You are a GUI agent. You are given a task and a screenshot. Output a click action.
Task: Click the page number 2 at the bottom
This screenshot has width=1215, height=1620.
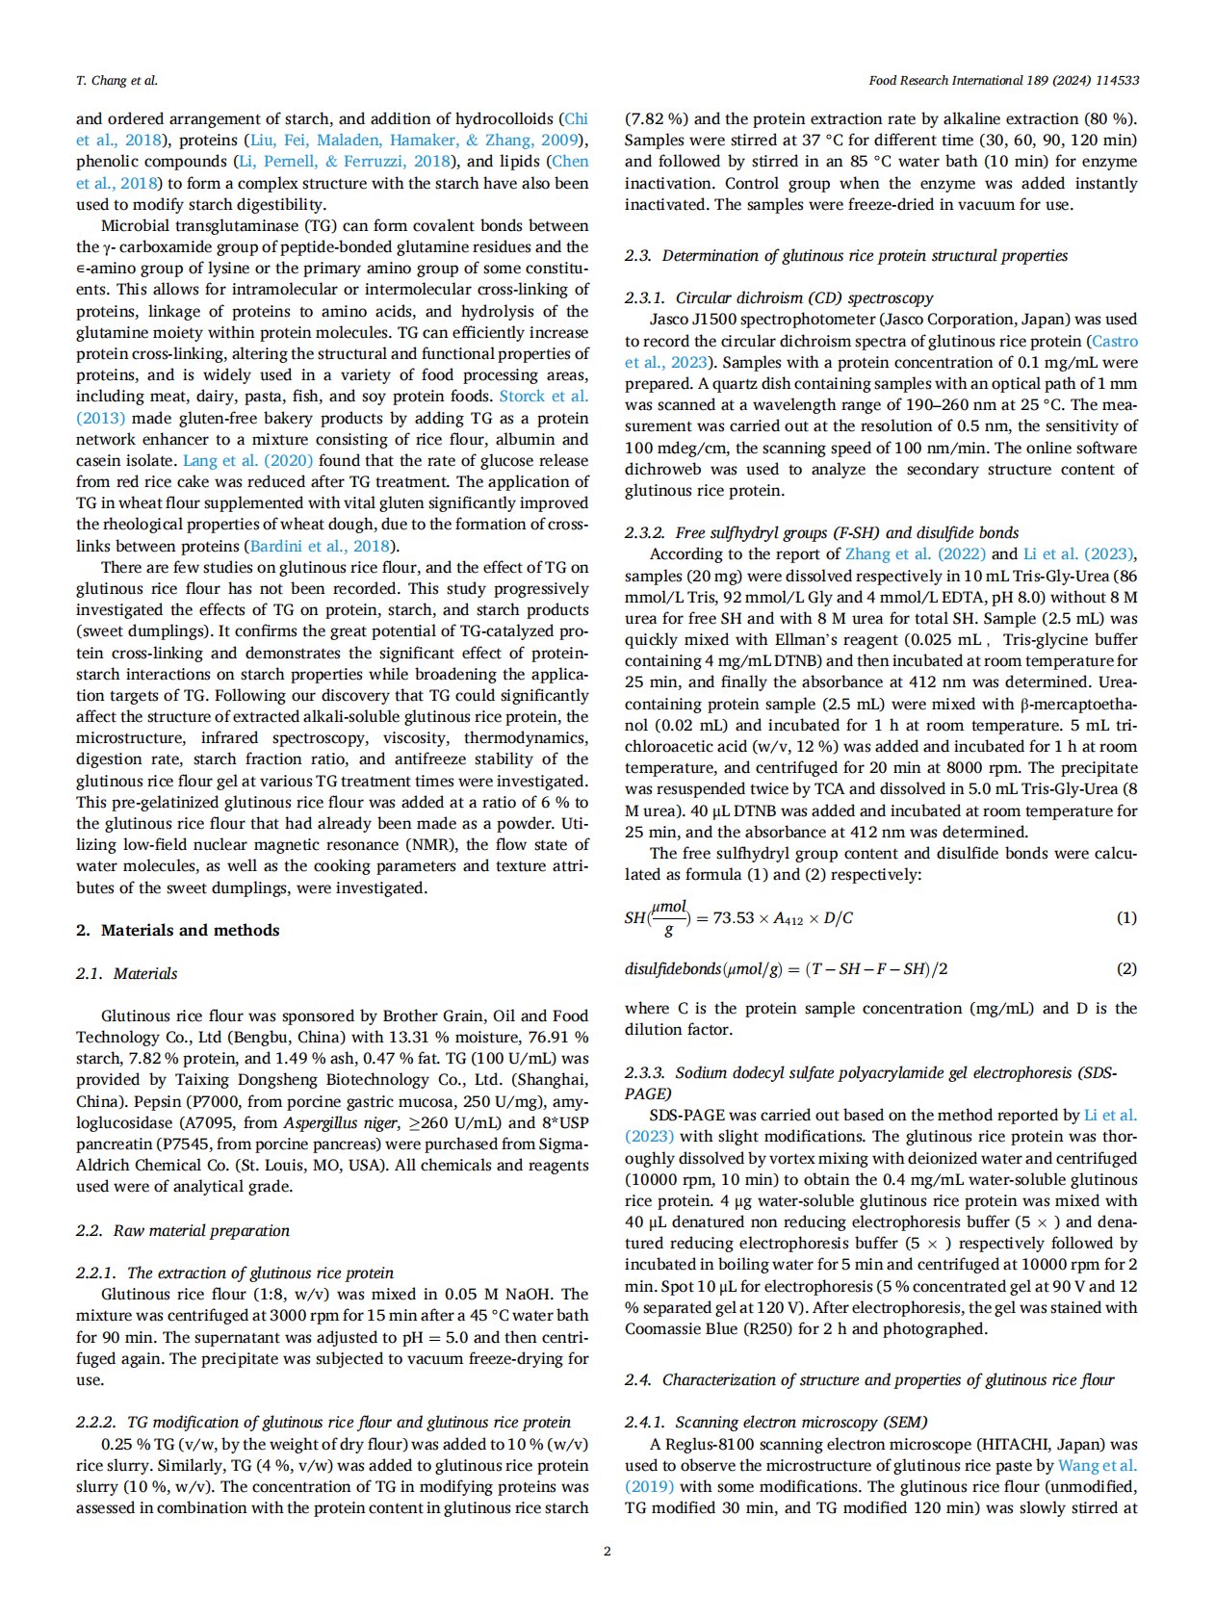pos(607,1551)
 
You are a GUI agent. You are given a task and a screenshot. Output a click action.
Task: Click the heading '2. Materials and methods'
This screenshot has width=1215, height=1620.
pos(178,930)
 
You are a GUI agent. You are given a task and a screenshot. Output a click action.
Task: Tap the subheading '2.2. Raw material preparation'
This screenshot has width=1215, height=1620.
pos(183,1230)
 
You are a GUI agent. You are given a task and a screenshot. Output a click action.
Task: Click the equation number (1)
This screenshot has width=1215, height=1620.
pos(1125,917)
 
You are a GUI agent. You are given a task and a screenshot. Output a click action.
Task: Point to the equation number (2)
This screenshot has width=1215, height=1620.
pos(1125,968)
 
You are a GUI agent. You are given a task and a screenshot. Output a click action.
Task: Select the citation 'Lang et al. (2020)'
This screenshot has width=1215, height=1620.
pos(247,460)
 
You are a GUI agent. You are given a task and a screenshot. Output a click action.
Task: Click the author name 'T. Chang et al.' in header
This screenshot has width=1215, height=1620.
pos(116,81)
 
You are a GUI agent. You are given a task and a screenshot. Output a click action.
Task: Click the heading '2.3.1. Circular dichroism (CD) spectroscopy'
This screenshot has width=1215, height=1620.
pos(778,297)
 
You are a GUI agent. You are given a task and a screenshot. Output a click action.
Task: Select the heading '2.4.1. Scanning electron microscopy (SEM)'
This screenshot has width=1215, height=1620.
pos(776,1422)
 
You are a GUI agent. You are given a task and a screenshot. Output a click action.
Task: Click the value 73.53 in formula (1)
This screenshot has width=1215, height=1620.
pos(733,918)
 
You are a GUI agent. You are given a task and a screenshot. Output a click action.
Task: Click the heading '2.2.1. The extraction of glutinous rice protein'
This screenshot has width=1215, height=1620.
pos(234,1273)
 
